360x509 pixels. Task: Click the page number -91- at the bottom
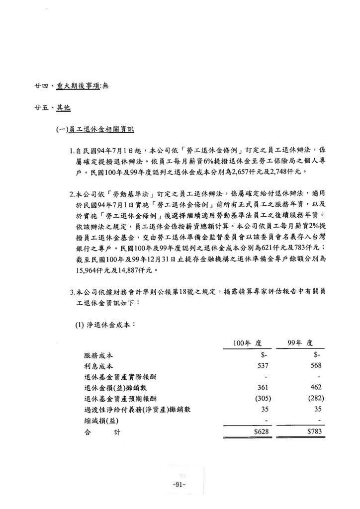(178, 485)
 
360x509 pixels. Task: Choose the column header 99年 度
(304, 343)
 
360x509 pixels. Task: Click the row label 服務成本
(98, 356)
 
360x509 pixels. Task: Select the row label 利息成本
(98, 366)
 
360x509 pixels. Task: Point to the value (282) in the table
(316, 399)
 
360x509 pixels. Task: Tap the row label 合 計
(102, 432)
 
